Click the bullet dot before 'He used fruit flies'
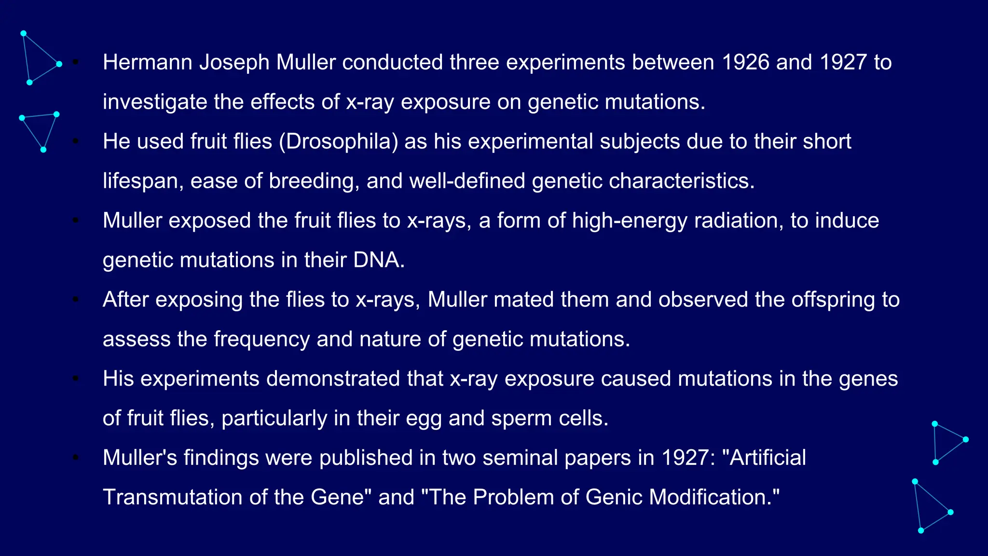coord(76,141)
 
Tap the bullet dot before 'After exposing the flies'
coord(76,300)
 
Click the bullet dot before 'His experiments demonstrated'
coord(76,379)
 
